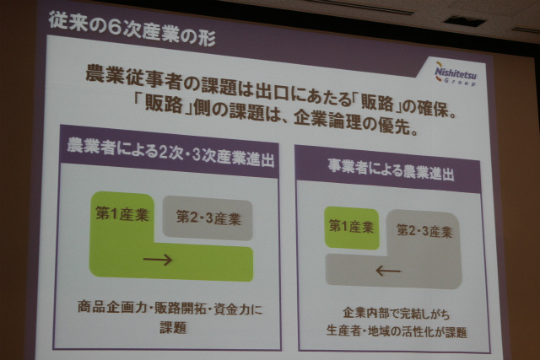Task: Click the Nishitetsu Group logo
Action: coord(456,73)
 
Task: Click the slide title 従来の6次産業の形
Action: coord(132,29)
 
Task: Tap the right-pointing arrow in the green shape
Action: coord(158,260)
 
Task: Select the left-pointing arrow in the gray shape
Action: coord(388,271)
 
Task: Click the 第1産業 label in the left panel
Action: coord(122,213)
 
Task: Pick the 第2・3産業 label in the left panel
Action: coord(208,218)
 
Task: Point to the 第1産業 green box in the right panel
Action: coord(352,228)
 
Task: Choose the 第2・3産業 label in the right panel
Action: coord(424,231)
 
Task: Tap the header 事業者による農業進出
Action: coord(391,170)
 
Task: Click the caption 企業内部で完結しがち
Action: coord(396,314)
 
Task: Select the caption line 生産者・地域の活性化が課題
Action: coord(397,331)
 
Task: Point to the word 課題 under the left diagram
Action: coord(173,327)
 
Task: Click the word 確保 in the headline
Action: coord(433,109)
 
